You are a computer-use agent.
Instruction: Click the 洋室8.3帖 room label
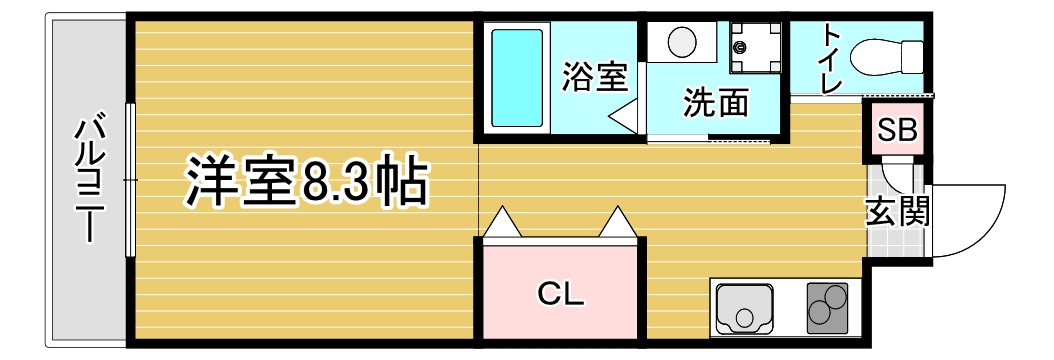(306, 181)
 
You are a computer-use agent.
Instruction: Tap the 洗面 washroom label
(716, 102)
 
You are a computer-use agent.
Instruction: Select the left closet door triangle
(503, 223)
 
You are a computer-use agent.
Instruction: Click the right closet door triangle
(618, 223)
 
